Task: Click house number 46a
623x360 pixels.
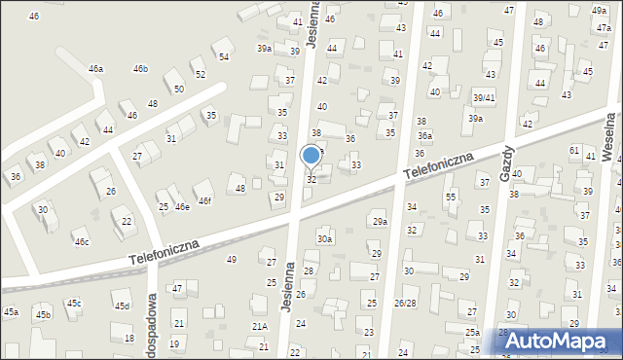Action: pyautogui.click(x=95, y=69)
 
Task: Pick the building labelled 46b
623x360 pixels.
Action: pyautogui.click(x=140, y=69)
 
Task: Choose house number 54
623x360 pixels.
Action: pyautogui.click(x=224, y=57)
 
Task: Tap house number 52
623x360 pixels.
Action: pyautogui.click(x=201, y=75)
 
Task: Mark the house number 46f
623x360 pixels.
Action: pyautogui.click(x=204, y=200)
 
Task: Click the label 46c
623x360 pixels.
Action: pyautogui.click(x=82, y=242)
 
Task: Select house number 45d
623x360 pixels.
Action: pyautogui.click(x=121, y=306)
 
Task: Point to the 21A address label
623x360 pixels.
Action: pyautogui.click(x=259, y=327)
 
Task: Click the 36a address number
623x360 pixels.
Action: pyautogui.click(x=424, y=136)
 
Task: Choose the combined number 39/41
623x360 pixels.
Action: pyautogui.click(x=484, y=98)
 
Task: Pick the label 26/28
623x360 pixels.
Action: pyautogui.click(x=405, y=304)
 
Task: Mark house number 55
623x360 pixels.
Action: pyautogui.click(x=451, y=198)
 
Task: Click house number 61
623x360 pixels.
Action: pyautogui.click(x=574, y=151)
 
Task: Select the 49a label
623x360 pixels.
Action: pyautogui.click(x=599, y=10)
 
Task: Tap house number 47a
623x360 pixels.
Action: pyautogui.click(x=604, y=29)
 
